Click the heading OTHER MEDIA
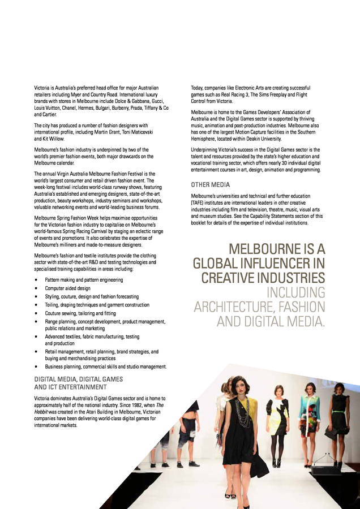[x=210, y=184]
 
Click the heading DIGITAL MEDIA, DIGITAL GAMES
[x=78, y=379]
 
